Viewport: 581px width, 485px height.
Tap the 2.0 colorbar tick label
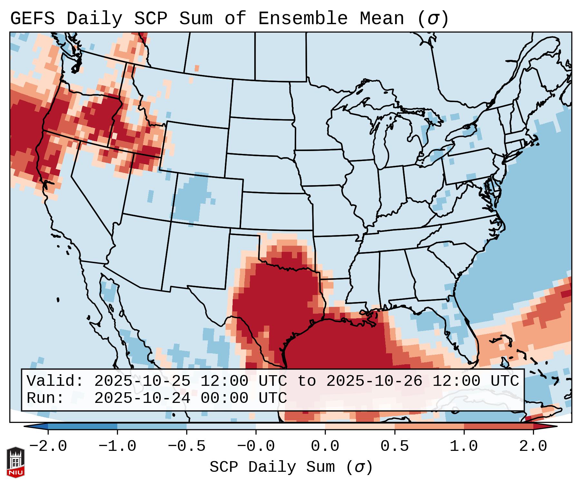(x=533, y=446)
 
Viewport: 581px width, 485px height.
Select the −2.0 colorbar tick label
(x=48, y=446)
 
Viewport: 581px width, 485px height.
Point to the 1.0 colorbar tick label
(x=464, y=446)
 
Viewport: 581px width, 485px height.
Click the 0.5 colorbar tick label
(x=394, y=446)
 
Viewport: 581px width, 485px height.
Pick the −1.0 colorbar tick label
(x=117, y=446)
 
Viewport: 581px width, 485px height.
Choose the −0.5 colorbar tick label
(x=187, y=446)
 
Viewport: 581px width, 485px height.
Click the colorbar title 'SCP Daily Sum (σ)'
(x=291, y=467)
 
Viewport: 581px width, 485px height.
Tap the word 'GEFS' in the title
(x=32, y=18)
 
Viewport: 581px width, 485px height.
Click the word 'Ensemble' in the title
(x=303, y=18)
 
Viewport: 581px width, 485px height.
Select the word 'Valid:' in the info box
(x=55, y=381)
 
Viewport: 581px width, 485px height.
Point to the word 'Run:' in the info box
(x=45, y=398)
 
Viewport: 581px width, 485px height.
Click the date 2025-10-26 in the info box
(x=374, y=381)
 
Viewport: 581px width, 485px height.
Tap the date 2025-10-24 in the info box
(x=142, y=398)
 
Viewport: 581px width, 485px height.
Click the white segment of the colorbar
(x=290, y=426)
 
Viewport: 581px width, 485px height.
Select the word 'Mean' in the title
(x=382, y=18)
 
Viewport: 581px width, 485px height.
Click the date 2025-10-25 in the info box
(x=142, y=381)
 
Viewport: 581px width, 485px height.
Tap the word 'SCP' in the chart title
(x=150, y=18)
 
